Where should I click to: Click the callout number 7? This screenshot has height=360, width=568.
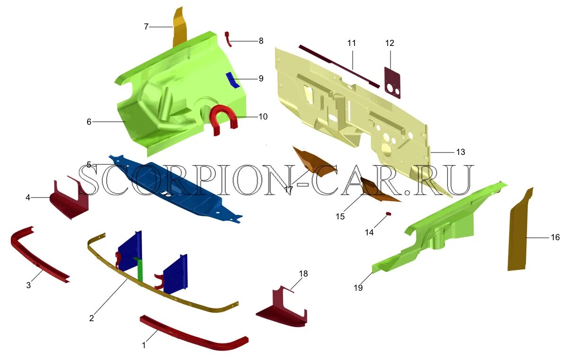tap(146, 27)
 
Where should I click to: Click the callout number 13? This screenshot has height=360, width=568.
tap(461, 152)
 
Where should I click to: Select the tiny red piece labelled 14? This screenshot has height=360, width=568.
tap(389, 214)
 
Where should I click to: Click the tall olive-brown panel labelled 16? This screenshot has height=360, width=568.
tap(519, 232)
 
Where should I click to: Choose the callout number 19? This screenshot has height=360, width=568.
tap(358, 288)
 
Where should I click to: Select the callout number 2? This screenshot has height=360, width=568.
tap(92, 318)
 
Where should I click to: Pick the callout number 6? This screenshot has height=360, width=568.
tap(89, 122)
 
